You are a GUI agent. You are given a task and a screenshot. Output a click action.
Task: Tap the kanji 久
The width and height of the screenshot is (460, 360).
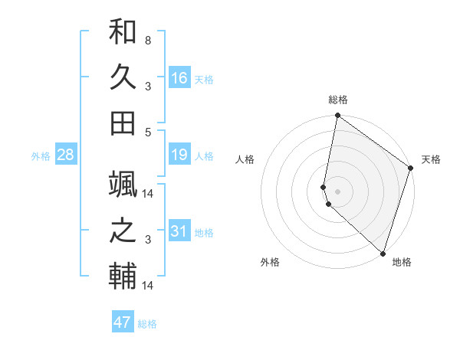coord(123,77)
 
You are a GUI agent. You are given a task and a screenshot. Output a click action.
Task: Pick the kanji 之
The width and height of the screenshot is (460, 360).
coord(123,231)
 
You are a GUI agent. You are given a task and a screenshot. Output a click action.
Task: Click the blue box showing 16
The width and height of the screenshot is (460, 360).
coord(179,77)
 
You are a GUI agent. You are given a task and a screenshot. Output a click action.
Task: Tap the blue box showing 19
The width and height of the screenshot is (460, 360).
coord(179,155)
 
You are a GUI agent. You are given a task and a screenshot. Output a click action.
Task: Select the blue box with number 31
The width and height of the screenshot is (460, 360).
coord(179,231)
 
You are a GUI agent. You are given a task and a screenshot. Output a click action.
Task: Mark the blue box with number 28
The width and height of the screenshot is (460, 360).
coord(66,155)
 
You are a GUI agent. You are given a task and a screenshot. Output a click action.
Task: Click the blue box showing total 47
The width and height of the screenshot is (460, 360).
coord(123,322)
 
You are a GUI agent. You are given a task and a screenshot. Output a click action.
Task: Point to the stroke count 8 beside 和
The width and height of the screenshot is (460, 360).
coord(148,40)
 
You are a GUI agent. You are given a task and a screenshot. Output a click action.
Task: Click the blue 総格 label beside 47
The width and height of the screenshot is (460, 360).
coord(147,323)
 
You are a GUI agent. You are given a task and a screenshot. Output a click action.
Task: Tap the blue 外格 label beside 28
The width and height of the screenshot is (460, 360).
coord(41,156)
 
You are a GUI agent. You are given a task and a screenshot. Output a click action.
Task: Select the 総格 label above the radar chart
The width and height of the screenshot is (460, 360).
coord(338,100)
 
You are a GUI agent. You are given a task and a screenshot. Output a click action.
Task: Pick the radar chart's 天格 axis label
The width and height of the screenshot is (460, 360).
coord(431,160)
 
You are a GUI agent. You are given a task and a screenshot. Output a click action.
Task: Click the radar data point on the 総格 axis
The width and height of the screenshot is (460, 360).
coord(338,116)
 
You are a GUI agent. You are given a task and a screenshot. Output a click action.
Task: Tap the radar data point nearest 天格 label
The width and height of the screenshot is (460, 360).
coord(411,169)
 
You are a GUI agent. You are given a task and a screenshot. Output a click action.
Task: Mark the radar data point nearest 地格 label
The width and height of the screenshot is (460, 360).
coord(383,254)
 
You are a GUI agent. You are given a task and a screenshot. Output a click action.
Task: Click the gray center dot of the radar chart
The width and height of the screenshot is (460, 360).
coord(338,191)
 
